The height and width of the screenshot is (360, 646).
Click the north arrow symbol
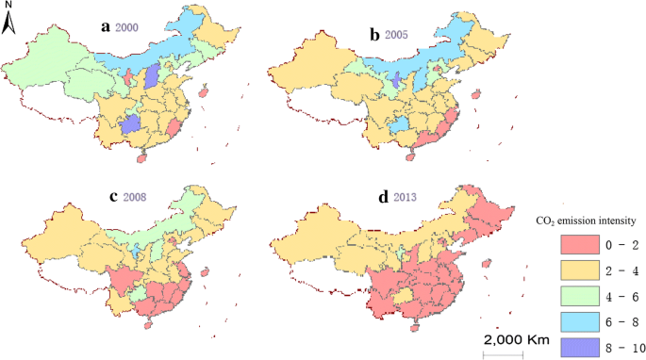(8, 20)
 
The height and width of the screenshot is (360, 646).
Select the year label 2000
(128, 27)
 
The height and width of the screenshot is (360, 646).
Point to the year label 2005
(398, 35)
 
